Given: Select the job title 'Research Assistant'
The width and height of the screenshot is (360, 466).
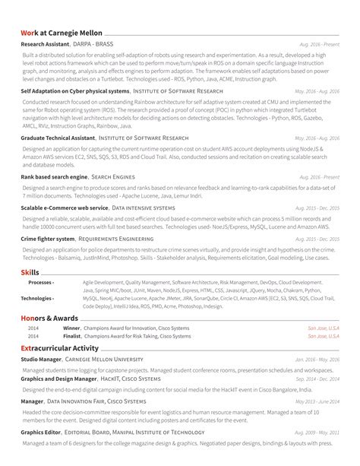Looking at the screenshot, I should click(46, 45).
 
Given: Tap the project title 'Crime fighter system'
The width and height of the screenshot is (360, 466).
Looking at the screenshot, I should click(47, 238).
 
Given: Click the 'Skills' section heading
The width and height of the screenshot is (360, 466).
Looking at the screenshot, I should click(30, 271).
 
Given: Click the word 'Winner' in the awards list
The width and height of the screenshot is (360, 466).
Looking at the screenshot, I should click(71, 328).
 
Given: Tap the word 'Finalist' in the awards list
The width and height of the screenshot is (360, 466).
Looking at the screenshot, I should click(72, 335).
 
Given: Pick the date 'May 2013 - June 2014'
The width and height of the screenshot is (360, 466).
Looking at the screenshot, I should click(317, 401).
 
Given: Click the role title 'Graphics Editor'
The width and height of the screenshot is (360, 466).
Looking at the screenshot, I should click(41, 431).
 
